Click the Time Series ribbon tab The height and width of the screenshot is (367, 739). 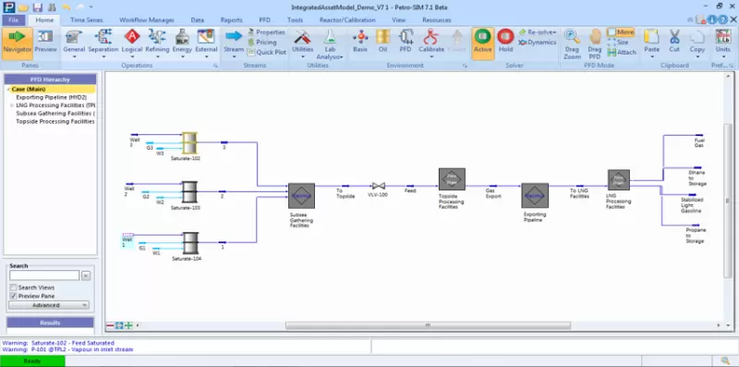click(x=88, y=18)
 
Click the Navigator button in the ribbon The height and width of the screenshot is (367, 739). click(x=17, y=43)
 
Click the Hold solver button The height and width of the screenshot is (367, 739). click(x=505, y=43)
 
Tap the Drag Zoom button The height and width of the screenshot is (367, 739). click(x=572, y=43)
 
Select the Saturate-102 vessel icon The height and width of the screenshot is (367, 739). click(x=189, y=143)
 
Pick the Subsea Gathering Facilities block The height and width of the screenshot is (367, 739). click(x=301, y=197)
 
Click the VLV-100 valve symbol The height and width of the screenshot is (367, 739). click(x=377, y=186)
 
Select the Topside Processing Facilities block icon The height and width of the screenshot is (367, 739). click(x=451, y=179)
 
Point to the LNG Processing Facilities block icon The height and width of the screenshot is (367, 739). click(x=618, y=178)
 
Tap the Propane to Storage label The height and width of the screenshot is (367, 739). click(x=695, y=235)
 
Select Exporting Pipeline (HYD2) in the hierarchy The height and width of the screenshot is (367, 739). click(x=52, y=97)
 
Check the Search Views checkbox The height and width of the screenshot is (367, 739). click(x=14, y=287)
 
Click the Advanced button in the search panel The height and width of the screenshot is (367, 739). click(x=46, y=304)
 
